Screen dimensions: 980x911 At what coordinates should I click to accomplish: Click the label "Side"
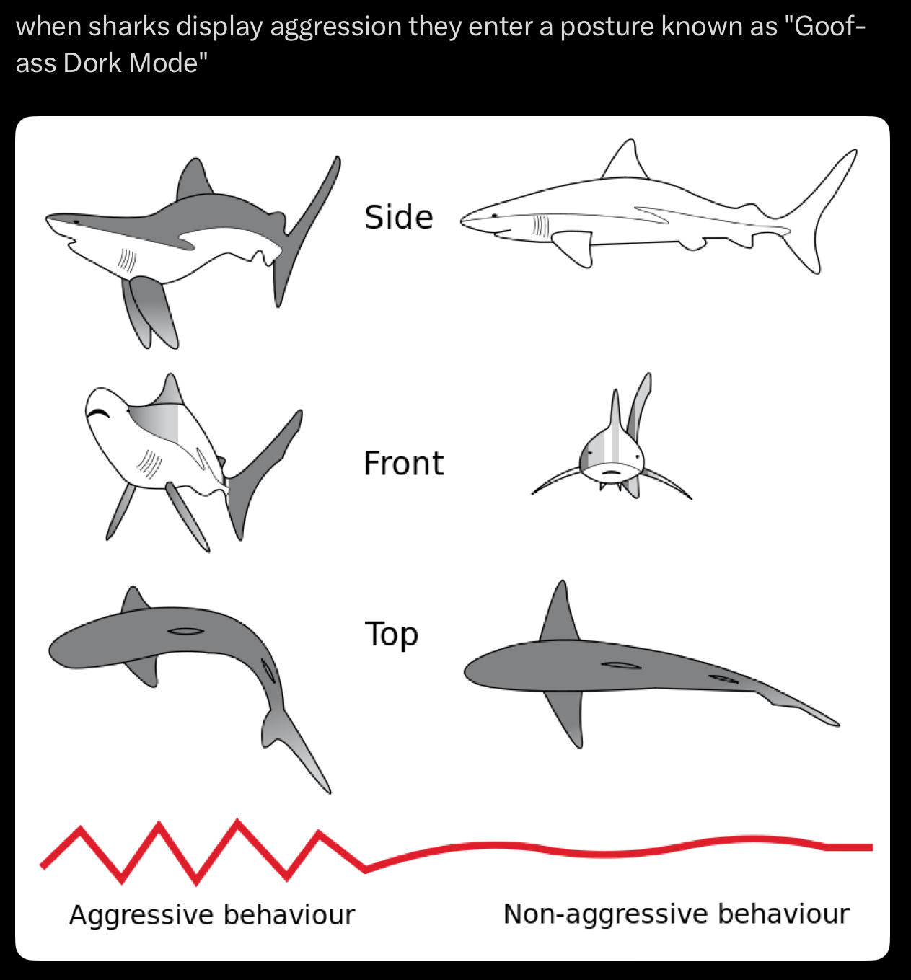[398, 217]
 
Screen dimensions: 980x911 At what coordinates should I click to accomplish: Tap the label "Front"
[403, 463]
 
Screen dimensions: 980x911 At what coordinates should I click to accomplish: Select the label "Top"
[391, 635]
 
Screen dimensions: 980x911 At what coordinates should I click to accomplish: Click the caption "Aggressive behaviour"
[211, 914]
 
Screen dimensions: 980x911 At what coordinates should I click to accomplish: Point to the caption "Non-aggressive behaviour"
[676, 914]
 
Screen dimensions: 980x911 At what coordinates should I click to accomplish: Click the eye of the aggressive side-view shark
[76, 222]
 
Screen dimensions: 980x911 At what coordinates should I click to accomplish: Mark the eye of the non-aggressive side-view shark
[494, 215]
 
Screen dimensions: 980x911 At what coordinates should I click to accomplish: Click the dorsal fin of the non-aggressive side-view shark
[625, 160]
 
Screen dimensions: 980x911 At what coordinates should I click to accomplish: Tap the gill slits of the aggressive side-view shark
[128, 260]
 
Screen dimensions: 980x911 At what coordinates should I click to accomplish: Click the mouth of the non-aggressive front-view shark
[612, 472]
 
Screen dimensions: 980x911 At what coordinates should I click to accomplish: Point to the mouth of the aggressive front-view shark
[97, 413]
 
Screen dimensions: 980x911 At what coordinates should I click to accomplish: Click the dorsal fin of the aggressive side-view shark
[193, 180]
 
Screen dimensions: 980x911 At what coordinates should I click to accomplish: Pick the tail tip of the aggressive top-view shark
[328, 790]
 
